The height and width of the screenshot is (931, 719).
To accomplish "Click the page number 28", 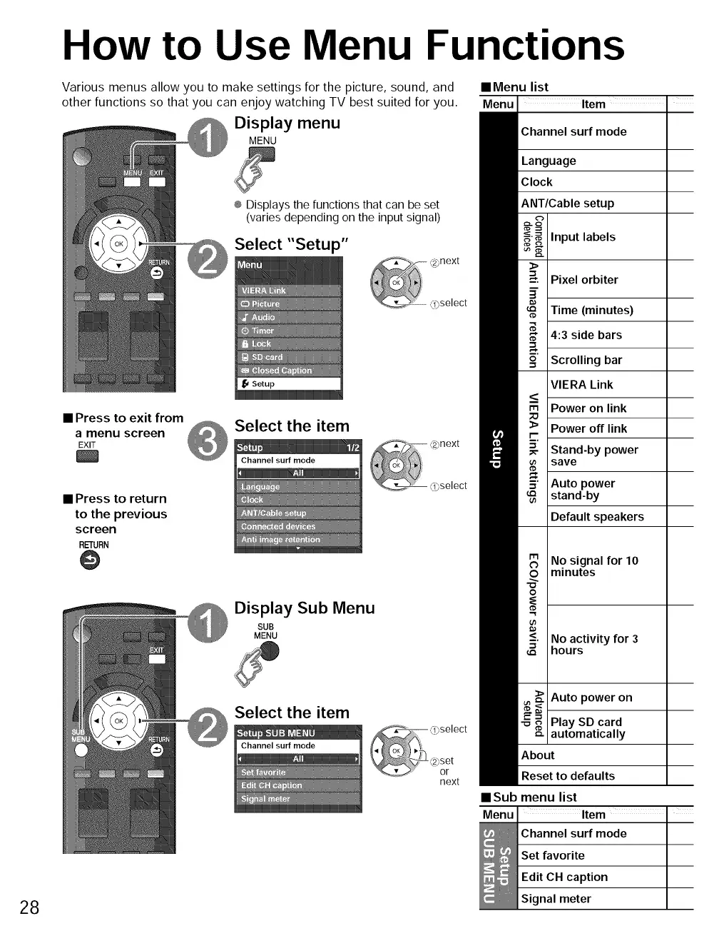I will click(29, 907).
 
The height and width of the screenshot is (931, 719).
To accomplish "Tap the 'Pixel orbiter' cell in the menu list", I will click(584, 280).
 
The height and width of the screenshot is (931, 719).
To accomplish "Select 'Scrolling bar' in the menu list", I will click(586, 360).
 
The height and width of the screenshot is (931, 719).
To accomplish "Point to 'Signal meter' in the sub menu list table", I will click(556, 899).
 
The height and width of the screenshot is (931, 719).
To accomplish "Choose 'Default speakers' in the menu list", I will click(597, 517).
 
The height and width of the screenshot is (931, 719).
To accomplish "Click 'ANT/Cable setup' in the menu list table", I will click(567, 203).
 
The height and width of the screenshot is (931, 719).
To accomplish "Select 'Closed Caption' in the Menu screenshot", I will click(282, 371).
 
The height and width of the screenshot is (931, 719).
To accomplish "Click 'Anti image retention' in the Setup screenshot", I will click(280, 540).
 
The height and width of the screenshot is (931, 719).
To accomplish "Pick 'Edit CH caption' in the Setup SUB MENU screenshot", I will click(272, 785).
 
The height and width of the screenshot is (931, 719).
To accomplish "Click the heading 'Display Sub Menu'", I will click(305, 608).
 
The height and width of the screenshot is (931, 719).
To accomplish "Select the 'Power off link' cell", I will click(588, 428).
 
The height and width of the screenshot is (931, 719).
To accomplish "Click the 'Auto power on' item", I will click(591, 698).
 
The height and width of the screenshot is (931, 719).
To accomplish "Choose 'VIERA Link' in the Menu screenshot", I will click(264, 291).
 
